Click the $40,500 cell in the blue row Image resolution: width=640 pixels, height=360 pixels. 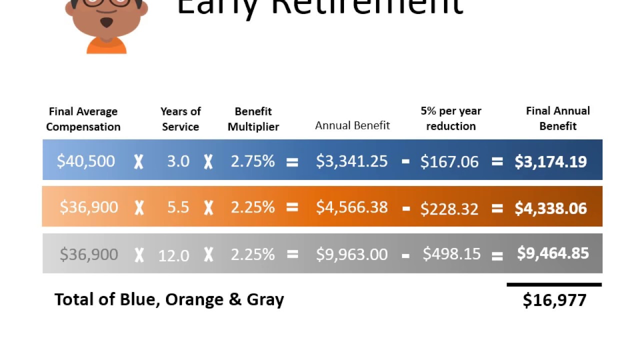tap(86, 161)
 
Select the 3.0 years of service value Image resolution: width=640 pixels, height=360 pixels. tap(178, 161)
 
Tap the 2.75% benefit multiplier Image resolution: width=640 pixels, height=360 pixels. tap(252, 161)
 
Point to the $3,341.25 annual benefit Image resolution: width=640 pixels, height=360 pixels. tap(351, 161)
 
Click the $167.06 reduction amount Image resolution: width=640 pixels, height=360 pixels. tap(449, 161)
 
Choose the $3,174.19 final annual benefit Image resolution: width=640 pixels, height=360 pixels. tap(550, 161)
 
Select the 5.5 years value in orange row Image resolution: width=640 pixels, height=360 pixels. tap(178, 207)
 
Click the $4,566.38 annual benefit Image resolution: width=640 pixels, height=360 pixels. tap(351, 207)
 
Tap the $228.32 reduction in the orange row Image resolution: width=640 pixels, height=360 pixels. tap(449, 208)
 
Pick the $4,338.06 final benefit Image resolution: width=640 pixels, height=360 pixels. tap(550, 208)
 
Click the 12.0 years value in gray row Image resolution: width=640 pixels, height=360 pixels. tap(173, 255)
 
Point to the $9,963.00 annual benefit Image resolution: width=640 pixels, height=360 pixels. tap(351, 254)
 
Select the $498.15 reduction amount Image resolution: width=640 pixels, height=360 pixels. tap(451, 253)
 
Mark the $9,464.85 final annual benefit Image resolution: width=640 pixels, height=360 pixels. tap(552, 253)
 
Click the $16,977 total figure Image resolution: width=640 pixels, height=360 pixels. tap(554, 300)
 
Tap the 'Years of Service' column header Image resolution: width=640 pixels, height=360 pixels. tap(180, 119)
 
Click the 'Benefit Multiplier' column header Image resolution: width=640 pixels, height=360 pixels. tap(253, 119)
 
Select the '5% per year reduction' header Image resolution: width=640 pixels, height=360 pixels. tap(450, 118)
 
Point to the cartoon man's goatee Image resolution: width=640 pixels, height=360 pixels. tap(106, 22)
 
